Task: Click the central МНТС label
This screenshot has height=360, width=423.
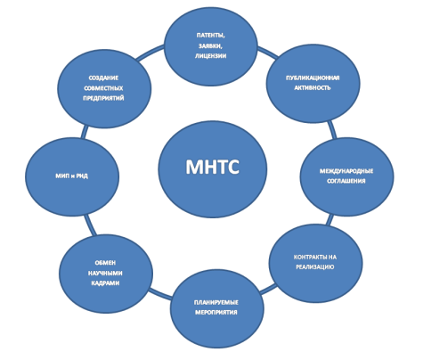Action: click(212, 167)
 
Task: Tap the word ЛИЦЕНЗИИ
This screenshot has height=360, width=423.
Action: click(210, 56)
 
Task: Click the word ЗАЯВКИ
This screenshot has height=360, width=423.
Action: click(210, 45)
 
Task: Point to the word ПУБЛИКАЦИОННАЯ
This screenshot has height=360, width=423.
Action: click(313, 78)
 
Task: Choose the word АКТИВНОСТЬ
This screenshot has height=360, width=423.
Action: click(313, 88)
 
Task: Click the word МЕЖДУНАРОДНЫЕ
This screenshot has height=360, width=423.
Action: click(346, 171)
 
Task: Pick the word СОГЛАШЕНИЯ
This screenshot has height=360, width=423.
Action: click(346, 181)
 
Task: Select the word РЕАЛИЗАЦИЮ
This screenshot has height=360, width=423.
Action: click(315, 267)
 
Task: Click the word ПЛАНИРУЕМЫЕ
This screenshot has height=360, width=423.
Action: click(216, 302)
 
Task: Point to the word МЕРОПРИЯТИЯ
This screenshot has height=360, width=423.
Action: click(216, 313)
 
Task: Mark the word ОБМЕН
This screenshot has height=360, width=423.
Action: click(105, 263)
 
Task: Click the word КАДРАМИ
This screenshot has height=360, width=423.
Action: click(105, 283)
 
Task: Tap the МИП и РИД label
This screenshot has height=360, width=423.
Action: click(72, 176)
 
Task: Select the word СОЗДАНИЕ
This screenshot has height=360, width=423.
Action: click(103, 78)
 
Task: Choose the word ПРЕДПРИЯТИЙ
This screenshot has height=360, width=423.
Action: click(103, 98)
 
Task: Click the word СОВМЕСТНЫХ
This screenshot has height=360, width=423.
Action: click(103, 88)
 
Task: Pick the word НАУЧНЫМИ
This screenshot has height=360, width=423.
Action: click(105, 273)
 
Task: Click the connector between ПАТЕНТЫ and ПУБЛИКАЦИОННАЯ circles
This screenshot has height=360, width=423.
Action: click(267, 51)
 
